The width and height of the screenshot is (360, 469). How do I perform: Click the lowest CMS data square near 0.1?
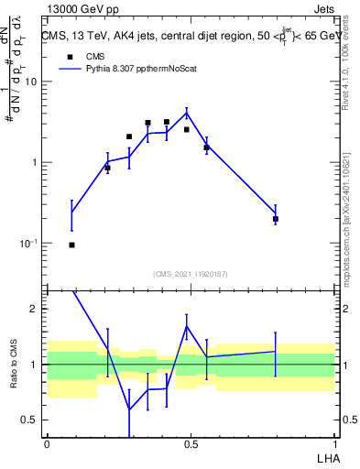click(x=71, y=245)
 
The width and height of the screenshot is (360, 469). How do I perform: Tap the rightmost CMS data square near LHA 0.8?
click(x=276, y=219)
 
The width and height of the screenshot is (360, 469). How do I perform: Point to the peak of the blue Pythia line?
click(x=187, y=113)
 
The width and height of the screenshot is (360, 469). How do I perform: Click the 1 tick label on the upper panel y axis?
click(x=35, y=163)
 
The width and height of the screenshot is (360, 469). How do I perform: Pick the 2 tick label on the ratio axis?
click(x=35, y=309)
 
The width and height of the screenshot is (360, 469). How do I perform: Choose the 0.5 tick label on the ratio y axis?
click(x=30, y=420)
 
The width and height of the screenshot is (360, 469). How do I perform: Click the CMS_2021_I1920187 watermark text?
click(x=191, y=274)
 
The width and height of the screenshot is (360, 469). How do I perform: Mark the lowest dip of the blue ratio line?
click(x=129, y=409)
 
